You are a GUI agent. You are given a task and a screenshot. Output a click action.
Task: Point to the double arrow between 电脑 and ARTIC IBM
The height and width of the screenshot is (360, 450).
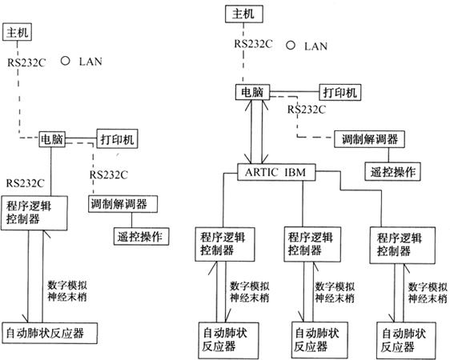pyautogui.click(x=256, y=132)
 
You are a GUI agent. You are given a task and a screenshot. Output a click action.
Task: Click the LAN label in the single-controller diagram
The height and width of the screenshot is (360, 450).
pyautogui.click(x=90, y=62)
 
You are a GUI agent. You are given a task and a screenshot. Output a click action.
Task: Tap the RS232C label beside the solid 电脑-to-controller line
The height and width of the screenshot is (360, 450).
pyautogui.click(x=26, y=183)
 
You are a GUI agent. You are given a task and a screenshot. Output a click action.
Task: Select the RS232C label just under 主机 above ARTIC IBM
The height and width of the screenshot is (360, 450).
pyautogui.click(x=253, y=44)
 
